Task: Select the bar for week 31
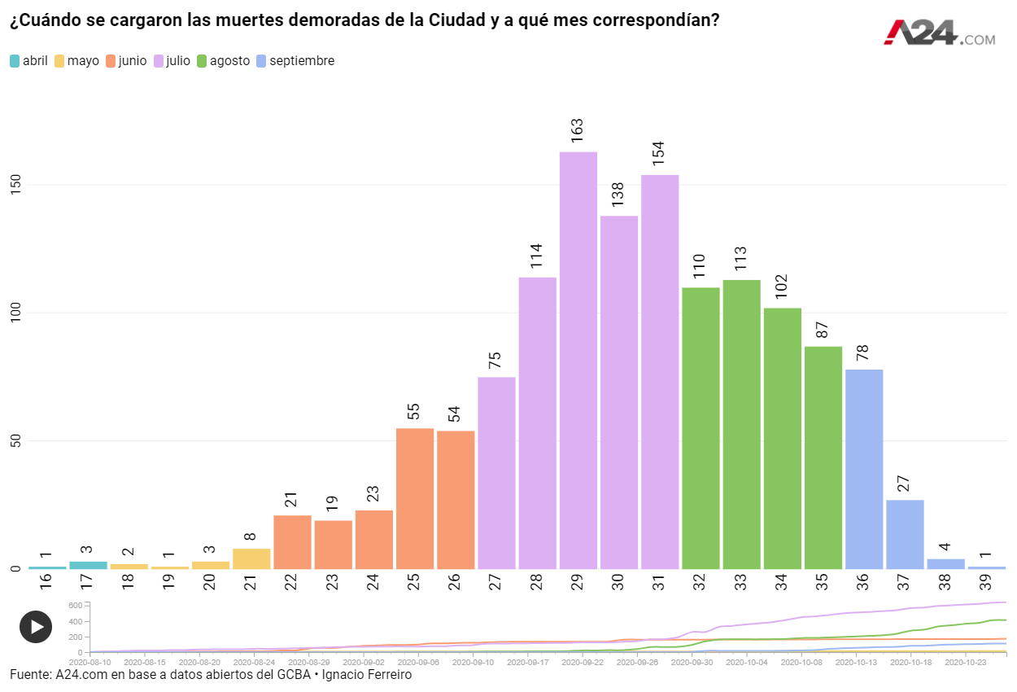(x=660, y=371)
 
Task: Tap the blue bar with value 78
(x=864, y=469)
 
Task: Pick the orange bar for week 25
(x=415, y=498)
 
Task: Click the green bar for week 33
(x=741, y=424)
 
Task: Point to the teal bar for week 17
(x=88, y=565)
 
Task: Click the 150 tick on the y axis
(x=15, y=185)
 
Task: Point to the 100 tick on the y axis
(x=15, y=313)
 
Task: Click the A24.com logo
(x=940, y=33)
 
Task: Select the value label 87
(x=823, y=330)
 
